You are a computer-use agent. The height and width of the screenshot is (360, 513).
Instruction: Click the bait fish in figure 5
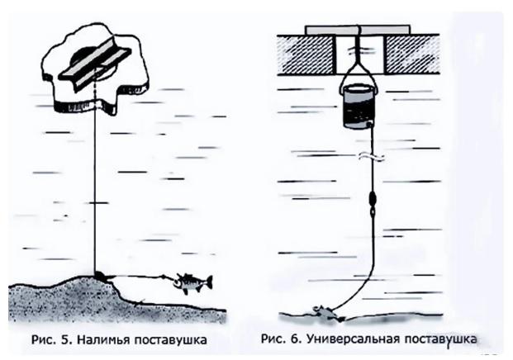pyautogui.click(x=192, y=283)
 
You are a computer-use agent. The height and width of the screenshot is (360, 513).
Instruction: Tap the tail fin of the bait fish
pyautogui.click(x=208, y=282)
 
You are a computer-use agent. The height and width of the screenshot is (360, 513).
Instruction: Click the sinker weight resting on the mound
pyautogui.click(x=99, y=275)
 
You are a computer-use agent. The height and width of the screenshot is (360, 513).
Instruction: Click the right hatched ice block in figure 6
pyautogui.click(x=413, y=51)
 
